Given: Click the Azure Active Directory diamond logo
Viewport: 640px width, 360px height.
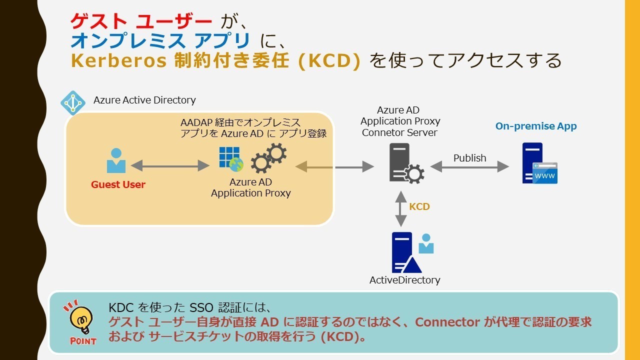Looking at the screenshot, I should coord(73,103).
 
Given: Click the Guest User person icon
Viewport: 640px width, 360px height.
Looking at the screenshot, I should coord(116,160).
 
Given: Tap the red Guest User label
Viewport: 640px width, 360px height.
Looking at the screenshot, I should coord(118,184).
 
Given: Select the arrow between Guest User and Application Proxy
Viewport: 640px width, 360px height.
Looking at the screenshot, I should coord(169,165).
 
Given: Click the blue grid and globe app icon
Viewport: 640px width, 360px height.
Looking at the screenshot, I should coord(230,158).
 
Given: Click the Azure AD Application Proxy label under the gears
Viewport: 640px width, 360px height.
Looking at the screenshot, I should coord(250,188).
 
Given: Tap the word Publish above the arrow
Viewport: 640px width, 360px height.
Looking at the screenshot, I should coord(469,158).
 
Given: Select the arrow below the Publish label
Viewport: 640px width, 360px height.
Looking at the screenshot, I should coord(469,167).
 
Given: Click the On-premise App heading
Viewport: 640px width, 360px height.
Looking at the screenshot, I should coord(536,126).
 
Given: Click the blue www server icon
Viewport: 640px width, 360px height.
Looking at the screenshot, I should coord(539,163).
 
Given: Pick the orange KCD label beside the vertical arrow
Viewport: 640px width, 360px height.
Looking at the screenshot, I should coord(419,206).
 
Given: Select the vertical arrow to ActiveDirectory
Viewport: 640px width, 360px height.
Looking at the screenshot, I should coord(401,208).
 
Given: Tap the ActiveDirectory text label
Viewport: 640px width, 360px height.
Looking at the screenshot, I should coord(404,280).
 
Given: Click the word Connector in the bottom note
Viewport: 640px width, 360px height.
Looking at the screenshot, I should coord(447,322).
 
